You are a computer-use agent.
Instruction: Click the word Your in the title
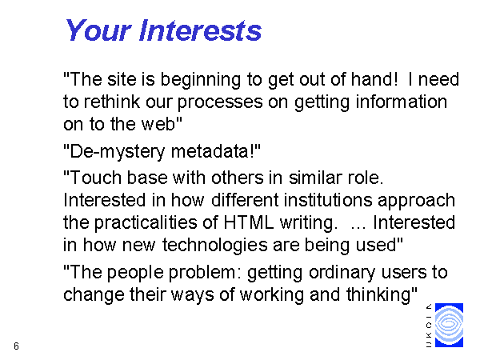98,30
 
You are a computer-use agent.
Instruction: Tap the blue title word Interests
200,30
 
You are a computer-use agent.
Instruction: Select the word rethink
111,102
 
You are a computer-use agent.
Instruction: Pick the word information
402,102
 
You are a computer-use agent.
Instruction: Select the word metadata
210,151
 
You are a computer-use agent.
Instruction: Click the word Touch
95,178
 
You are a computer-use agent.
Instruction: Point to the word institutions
328,200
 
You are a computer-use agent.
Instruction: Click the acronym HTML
248,222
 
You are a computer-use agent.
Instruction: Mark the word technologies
215,246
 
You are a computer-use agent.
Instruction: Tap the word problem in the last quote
202,273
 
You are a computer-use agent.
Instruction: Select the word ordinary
342,273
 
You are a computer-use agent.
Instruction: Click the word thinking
378,295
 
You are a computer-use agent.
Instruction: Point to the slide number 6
16,346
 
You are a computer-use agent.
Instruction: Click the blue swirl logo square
449,325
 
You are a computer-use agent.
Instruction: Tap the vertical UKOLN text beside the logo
429,326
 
